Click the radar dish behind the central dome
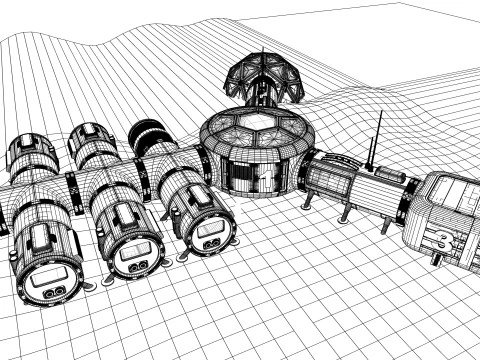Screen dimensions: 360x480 (262, 75)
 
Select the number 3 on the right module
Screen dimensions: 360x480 (442, 238)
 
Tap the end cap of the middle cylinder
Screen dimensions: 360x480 (133, 256)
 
